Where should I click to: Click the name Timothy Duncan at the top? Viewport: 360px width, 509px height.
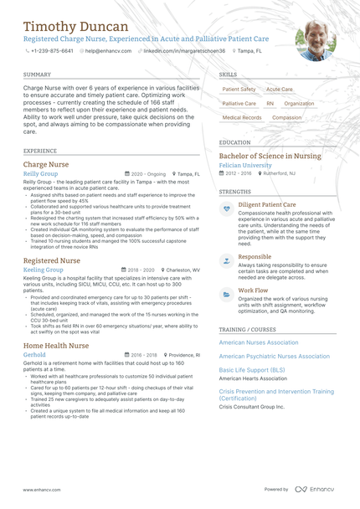click(x=76, y=27)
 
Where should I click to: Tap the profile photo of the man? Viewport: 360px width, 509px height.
click(x=315, y=39)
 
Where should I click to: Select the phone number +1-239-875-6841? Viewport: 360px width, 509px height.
click(x=52, y=51)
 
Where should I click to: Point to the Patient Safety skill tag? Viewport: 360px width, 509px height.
click(x=239, y=89)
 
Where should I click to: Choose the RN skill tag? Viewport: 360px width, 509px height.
click(x=270, y=103)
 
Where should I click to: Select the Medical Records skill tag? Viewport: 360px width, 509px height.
click(x=242, y=118)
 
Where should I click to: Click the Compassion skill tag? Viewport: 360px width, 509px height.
click(x=287, y=118)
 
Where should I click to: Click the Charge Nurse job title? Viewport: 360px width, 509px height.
click(x=46, y=165)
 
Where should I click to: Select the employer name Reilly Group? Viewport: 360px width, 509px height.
click(x=40, y=174)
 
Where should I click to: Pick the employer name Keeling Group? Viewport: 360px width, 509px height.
click(x=43, y=270)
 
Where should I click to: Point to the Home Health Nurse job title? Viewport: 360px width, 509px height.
click(x=56, y=345)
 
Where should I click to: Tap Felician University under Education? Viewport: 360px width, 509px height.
click(x=245, y=166)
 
